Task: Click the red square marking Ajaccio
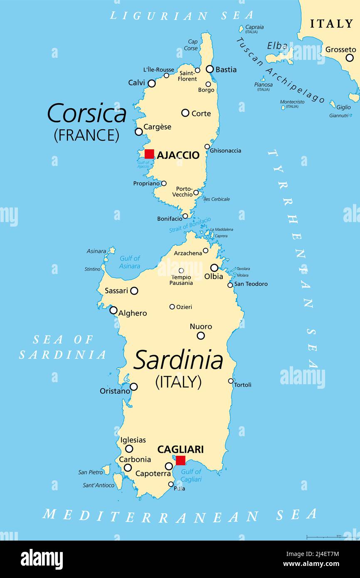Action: point(149,154)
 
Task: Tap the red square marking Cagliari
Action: point(180,460)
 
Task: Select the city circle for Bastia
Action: point(210,69)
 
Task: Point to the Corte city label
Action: point(201,114)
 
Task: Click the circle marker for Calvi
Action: point(152,84)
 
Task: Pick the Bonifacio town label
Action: point(170,219)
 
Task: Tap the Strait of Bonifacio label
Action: point(190,225)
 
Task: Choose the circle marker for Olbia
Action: point(214,268)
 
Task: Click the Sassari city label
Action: point(116,291)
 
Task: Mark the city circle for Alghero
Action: point(113,310)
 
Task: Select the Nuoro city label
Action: point(201,327)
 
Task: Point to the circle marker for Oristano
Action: point(133,387)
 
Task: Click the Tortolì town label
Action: point(243,385)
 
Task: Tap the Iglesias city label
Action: point(133,440)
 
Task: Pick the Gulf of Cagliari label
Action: point(191,475)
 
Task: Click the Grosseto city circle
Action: point(350,58)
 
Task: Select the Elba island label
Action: point(277,46)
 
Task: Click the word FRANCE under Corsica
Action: point(86,135)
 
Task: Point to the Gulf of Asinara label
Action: point(130,262)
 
